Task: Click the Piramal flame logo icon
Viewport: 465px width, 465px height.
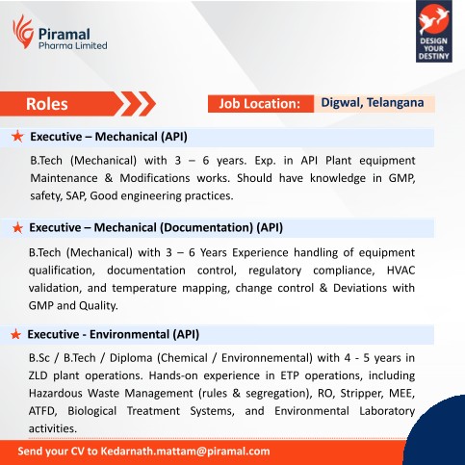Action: (23, 32)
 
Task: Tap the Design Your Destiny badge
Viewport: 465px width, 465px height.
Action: (434, 31)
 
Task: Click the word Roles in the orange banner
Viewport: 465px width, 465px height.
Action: (47, 104)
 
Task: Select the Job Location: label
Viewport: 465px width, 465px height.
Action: (259, 104)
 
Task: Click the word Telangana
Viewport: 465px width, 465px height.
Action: (396, 103)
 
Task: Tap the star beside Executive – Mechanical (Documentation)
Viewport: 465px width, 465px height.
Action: (17, 228)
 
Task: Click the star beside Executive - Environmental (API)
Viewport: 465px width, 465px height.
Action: (15, 334)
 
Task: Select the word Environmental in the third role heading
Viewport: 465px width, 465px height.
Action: (129, 334)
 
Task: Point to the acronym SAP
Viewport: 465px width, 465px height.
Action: (76, 195)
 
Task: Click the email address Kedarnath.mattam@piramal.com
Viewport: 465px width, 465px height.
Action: (186, 452)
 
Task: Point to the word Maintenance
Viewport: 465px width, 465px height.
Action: (64, 178)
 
